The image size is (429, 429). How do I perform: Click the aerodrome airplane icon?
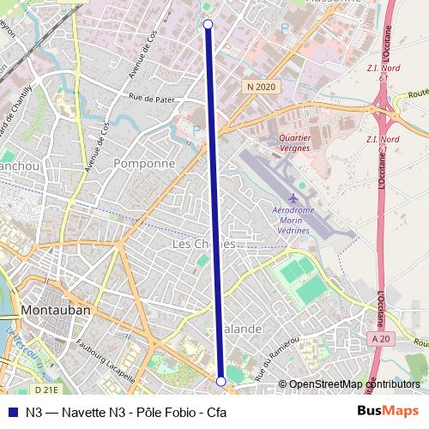tap(294, 199)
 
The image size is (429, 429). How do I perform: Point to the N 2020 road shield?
tap(260, 87)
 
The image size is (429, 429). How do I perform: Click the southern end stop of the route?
tap(221, 380)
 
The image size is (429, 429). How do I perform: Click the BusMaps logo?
tap(388, 411)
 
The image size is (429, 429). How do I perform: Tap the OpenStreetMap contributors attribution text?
tap(354, 384)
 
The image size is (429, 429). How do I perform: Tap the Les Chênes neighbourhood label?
tap(203, 245)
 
